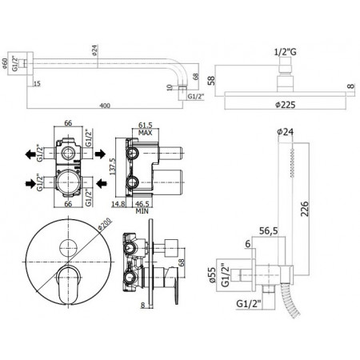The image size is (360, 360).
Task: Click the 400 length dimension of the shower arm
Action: (105, 106)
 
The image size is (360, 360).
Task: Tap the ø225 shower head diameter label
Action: (286, 105)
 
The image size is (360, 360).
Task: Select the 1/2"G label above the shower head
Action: (286, 52)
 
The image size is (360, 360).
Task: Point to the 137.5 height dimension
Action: (112, 166)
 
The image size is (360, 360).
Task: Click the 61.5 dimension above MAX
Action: (146, 125)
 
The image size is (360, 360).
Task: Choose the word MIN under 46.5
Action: (142, 211)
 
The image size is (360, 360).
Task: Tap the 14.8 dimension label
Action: (118, 204)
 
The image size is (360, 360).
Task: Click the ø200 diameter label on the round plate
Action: (105, 224)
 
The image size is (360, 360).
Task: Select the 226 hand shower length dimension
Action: (304, 209)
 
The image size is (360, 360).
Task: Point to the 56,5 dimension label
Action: (269, 230)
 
